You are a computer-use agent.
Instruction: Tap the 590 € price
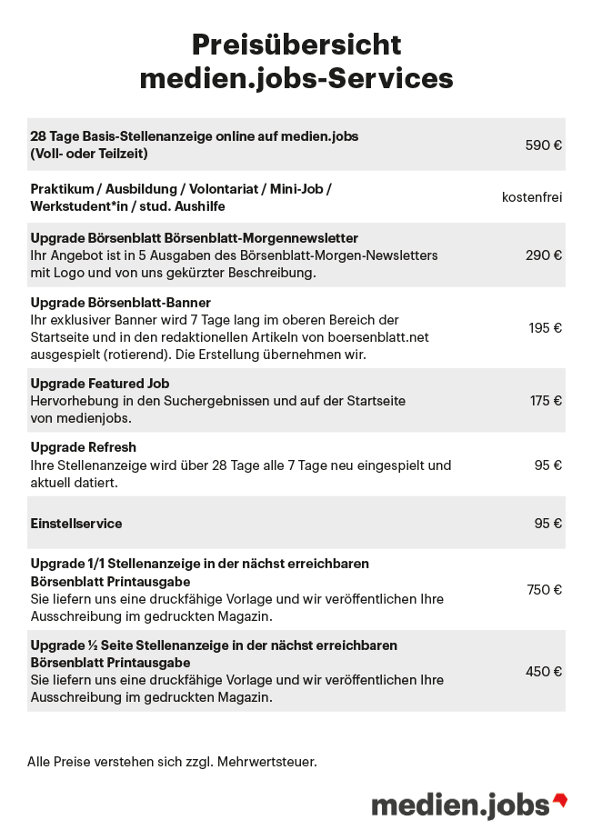point(544,145)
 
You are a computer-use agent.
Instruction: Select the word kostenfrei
point(532,197)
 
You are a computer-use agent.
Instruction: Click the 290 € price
point(544,255)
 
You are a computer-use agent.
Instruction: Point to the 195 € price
point(546,328)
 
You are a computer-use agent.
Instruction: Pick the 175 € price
point(546,401)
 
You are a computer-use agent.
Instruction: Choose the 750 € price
point(545,590)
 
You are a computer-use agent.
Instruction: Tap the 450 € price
point(544,672)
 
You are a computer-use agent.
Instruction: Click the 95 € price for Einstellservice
point(548,524)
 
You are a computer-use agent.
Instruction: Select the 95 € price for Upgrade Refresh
point(548,465)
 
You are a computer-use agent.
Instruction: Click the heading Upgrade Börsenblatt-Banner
point(121,302)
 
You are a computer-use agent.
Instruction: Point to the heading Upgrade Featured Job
point(100,384)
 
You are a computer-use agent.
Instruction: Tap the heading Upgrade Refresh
point(84,447)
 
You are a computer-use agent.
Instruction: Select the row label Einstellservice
point(76,524)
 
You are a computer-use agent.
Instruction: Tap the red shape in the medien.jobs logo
point(560,801)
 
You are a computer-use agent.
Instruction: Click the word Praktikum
point(62,189)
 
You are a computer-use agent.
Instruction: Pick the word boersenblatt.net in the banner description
point(383,337)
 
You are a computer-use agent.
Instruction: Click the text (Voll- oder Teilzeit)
point(89,154)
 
